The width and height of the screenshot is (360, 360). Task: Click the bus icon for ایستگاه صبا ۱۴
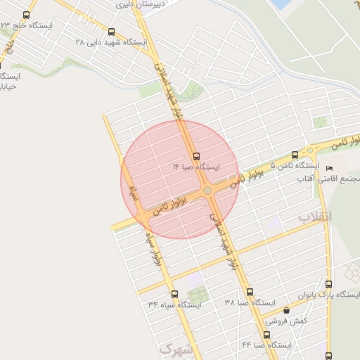[x=195, y=156]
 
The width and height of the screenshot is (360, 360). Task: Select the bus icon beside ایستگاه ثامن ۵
[x=310, y=151]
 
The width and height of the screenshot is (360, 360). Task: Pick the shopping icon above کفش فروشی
[x=285, y=310]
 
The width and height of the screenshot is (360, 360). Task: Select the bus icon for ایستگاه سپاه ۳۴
[x=174, y=294]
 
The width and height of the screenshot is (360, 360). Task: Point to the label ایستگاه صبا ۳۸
[x=250, y=302]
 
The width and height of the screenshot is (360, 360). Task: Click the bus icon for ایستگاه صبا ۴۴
[x=267, y=335]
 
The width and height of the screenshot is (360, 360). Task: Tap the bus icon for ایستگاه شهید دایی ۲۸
[x=112, y=32]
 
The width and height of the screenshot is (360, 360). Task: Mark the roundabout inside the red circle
[x=207, y=190]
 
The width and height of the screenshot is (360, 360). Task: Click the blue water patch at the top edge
[x=281, y=4]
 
